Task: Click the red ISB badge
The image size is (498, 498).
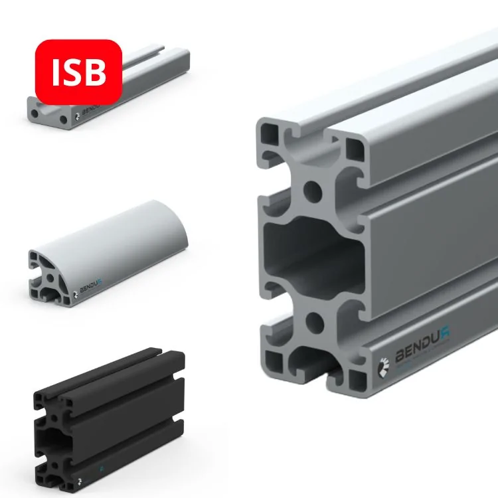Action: (78, 72)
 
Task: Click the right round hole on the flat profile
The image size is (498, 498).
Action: (63, 120)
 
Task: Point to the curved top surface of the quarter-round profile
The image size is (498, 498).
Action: (133, 226)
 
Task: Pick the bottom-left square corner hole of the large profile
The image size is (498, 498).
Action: (273, 362)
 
